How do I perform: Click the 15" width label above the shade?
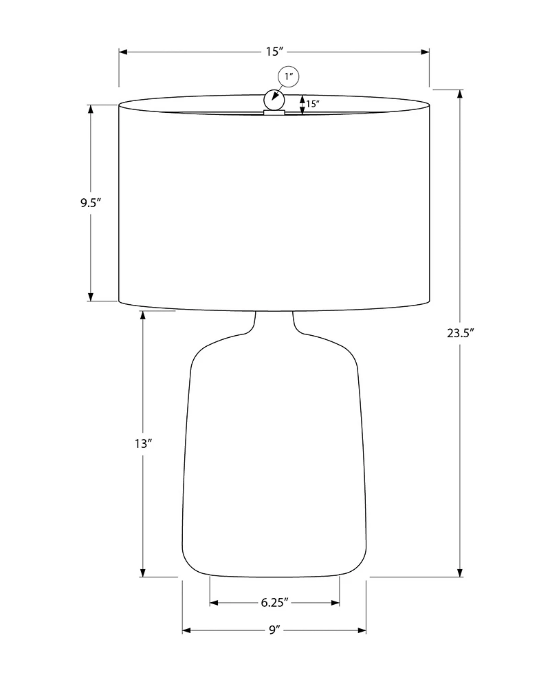point(275,52)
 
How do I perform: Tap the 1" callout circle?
point(289,77)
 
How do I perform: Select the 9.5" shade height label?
point(91,202)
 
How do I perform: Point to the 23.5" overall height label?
point(460,332)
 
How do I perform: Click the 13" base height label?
point(144,443)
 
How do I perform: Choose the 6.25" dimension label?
point(274,603)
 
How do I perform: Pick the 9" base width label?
point(274,630)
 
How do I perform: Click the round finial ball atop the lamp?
point(274,100)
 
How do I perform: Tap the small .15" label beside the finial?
point(313,103)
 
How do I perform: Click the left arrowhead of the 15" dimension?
point(124,52)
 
